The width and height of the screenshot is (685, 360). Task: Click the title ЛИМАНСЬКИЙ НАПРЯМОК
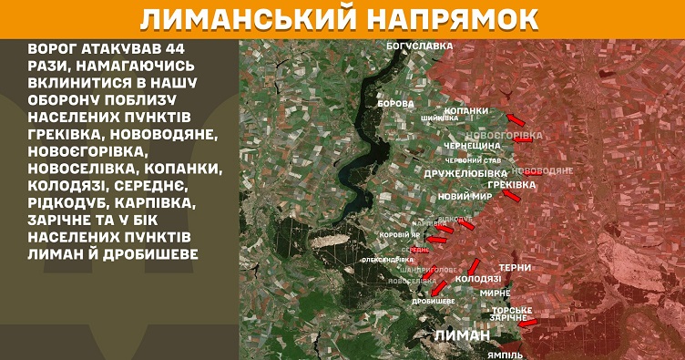342,18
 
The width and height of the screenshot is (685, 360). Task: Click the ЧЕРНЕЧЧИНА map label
472,146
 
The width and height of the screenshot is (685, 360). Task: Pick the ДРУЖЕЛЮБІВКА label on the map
465,173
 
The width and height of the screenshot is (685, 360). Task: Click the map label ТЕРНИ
516,267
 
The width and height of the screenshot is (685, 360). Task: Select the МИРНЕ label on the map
495,293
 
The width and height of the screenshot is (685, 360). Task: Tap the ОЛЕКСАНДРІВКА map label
382,260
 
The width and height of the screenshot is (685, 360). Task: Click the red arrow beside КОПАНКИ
516,119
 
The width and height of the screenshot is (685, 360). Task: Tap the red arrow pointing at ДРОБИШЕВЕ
440,290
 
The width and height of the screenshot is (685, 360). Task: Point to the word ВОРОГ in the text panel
54,47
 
